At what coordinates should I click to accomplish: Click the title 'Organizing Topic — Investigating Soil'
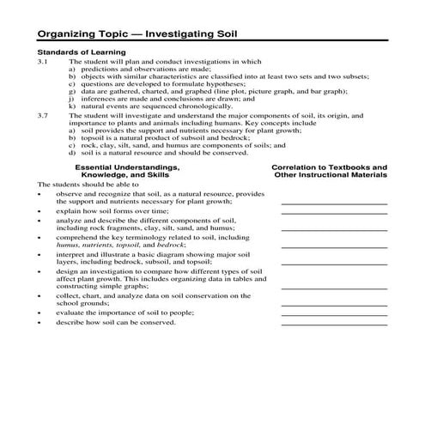tap(137, 35)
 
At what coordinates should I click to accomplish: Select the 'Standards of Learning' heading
tap(78, 53)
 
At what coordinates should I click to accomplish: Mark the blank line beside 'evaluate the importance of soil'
tap(333, 314)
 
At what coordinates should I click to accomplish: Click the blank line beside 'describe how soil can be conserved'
tap(333, 325)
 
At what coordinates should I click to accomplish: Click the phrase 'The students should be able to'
tap(84, 185)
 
